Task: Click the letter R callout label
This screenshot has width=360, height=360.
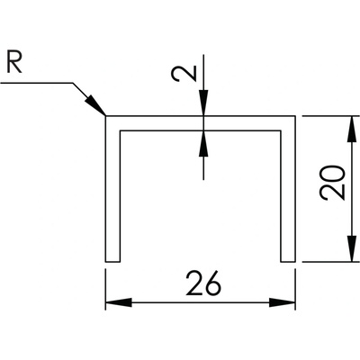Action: [14, 63]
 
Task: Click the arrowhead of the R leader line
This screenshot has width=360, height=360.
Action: [96, 106]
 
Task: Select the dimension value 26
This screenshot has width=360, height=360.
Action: [203, 283]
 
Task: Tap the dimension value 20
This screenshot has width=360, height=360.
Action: [332, 182]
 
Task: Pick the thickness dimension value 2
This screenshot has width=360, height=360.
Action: [184, 74]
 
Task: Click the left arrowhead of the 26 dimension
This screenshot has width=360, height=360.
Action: [119, 302]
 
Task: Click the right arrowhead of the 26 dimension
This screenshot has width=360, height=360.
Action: [283, 302]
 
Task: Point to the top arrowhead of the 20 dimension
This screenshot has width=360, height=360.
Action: [350, 129]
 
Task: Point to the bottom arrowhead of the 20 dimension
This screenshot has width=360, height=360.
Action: [350, 248]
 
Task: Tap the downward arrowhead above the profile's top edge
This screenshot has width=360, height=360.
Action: [203, 103]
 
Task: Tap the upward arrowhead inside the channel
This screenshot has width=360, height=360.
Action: [203, 144]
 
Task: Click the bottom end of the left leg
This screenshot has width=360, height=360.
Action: [112, 261]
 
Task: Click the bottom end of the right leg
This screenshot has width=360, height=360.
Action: [288, 261]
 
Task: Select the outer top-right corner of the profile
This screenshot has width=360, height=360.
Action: [295, 116]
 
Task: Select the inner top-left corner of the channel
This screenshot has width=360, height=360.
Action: [120, 130]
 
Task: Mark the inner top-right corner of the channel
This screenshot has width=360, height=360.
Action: [281, 130]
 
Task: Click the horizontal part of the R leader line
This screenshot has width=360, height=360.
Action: [37, 82]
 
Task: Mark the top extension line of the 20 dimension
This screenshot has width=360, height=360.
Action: [331, 116]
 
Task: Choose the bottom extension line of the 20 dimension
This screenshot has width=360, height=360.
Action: [331, 262]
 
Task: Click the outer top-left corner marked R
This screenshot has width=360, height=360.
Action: [105, 116]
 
